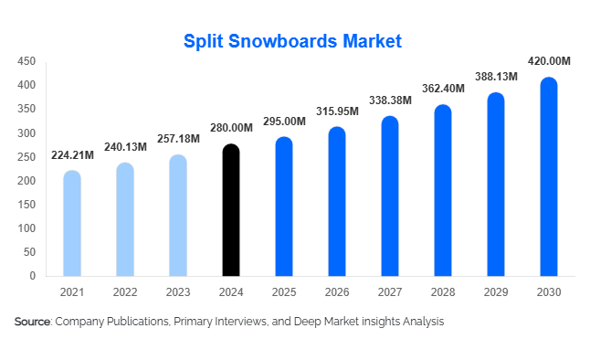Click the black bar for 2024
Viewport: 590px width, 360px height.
point(231,210)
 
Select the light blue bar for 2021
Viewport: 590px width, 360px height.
point(72,223)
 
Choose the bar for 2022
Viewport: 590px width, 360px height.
point(125,219)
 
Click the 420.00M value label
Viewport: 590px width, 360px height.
point(549,61)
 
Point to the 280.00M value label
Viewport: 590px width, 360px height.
point(231,127)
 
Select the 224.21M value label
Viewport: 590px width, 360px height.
point(72,154)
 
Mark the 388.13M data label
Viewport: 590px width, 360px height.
point(496,77)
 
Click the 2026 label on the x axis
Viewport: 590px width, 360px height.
point(337,292)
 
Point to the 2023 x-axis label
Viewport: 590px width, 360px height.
point(178,292)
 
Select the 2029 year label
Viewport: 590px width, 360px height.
point(496,292)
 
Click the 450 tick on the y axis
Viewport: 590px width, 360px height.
point(26,61)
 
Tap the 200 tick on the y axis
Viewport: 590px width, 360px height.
point(26,180)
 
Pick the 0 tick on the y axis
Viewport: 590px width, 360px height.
point(32,275)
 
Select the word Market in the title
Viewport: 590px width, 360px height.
point(368,42)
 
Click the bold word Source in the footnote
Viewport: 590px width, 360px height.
point(33,323)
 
